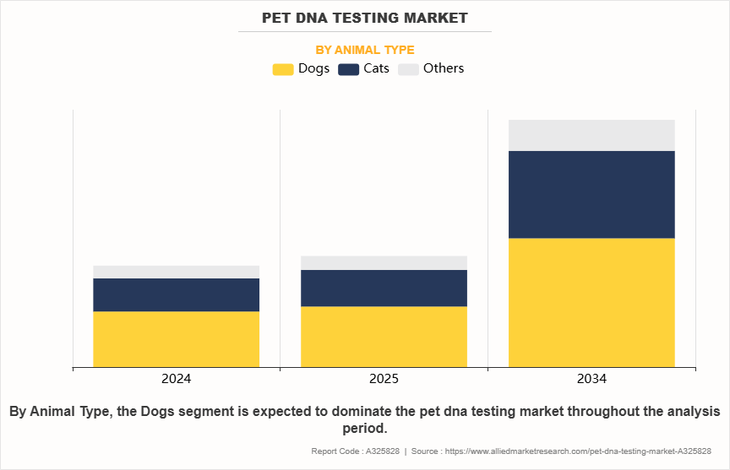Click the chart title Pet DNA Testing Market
coord(364,17)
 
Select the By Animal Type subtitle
coord(364,50)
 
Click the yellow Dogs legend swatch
coord(283,69)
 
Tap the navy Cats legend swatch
coord(349,69)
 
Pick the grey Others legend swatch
coord(408,69)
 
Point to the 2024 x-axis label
coord(176,379)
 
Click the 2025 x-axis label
coord(384,379)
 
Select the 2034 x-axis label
coord(591,379)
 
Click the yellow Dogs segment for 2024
coord(176,339)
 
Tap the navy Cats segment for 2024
coord(176,294)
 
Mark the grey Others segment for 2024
coord(176,272)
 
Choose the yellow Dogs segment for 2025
coord(384,336)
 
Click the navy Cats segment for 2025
coord(384,288)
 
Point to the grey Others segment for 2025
coord(384,262)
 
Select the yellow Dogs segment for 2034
coord(591,302)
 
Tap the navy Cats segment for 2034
coord(591,194)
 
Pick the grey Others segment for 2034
coord(591,135)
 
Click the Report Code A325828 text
coord(356,451)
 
